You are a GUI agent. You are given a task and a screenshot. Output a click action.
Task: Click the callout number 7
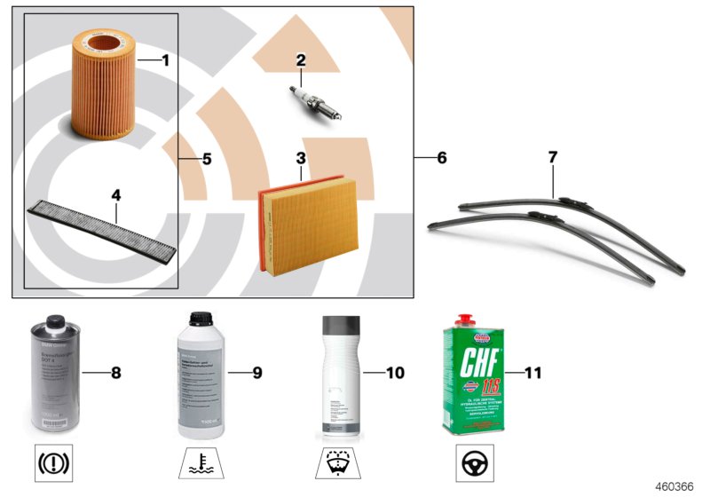[x=552, y=157]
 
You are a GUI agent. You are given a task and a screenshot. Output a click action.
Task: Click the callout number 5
[x=206, y=160]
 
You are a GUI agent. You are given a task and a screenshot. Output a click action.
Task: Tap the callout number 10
[x=395, y=373]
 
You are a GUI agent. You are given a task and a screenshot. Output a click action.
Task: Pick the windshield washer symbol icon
[x=337, y=464]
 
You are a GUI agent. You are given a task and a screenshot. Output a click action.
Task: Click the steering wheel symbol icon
[x=476, y=464]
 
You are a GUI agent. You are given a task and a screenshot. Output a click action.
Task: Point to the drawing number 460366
[x=674, y=486]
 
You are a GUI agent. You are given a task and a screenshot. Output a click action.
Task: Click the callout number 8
[x=114, y=373]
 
